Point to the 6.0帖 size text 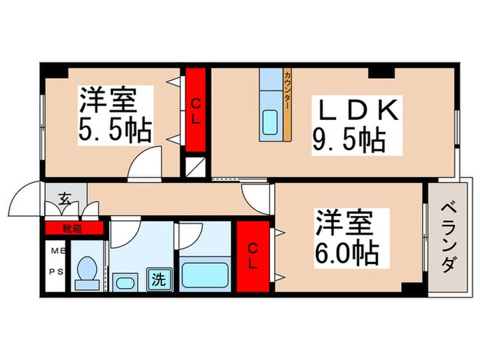click(347, 253)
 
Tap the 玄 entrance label click(64, 200)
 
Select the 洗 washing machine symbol click(158, 280)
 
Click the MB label click(55, 251)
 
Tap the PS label click(55, 269)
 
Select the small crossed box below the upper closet click(195, 167)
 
